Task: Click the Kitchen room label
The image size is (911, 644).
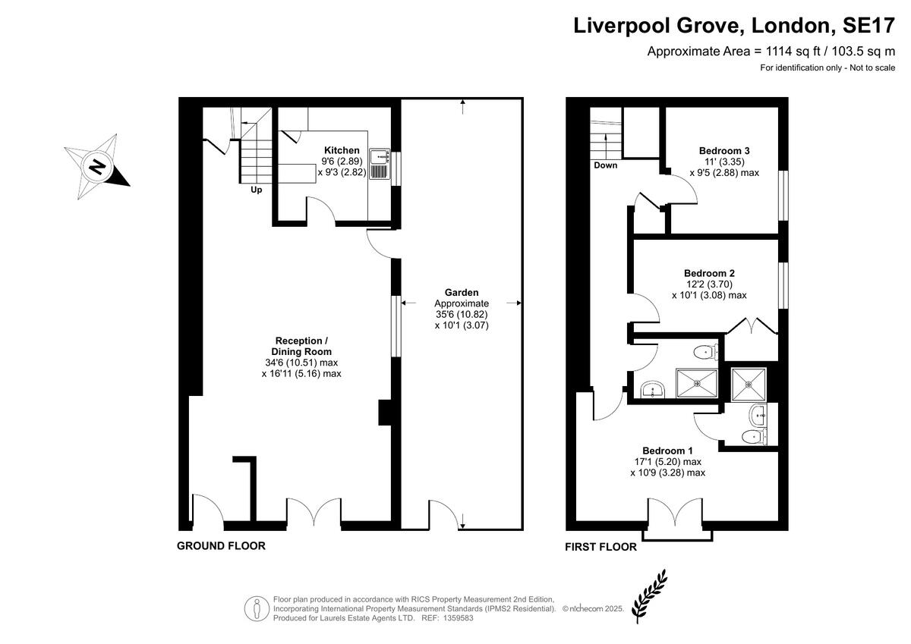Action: point(342,150)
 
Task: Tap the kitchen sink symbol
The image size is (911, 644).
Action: point(380,164)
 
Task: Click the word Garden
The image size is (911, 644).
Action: point(462,292)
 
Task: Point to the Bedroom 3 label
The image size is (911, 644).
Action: point(724,150)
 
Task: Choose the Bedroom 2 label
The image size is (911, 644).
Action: point(709,273)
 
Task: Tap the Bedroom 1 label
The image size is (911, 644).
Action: point(667,451)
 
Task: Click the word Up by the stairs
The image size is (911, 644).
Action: point(257,190)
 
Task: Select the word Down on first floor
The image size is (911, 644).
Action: point(606,165)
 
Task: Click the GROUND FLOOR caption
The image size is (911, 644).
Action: point(221,545)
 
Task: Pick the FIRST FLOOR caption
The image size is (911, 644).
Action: point(601,547)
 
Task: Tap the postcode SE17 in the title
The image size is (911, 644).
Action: point(868,25)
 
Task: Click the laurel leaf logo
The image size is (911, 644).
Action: point(649,595)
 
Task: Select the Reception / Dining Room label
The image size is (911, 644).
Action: point(301,346)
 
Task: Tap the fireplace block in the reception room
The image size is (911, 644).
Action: point(385,413)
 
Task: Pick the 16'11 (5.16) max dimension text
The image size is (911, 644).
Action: point(301,373)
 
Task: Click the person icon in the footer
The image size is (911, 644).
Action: point(257,608)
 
